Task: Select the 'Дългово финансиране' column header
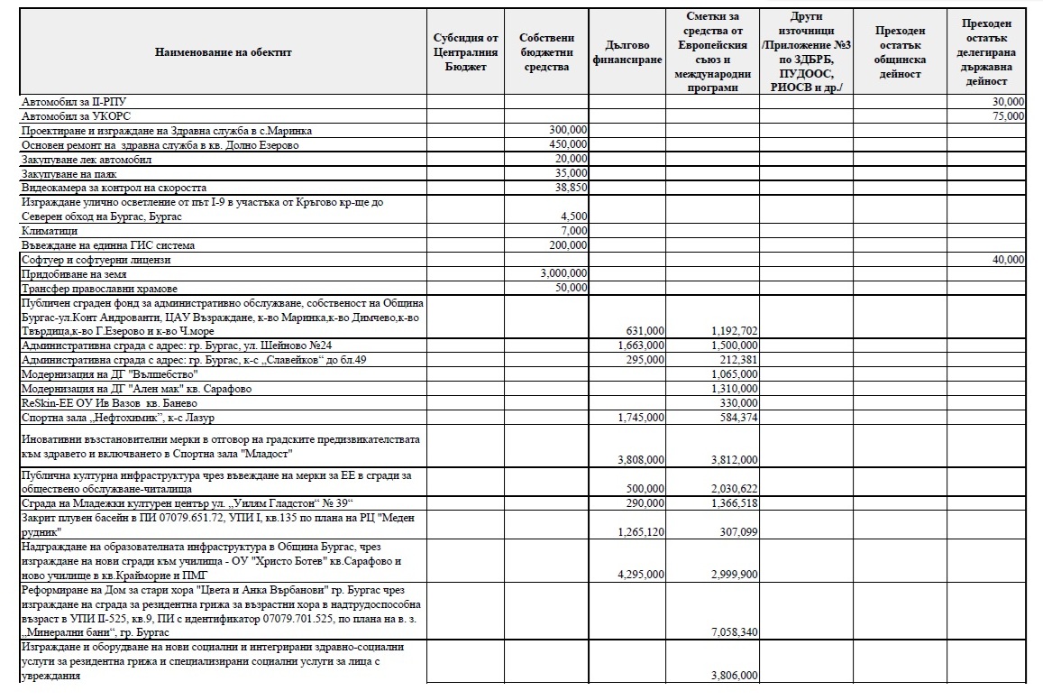point(627,52)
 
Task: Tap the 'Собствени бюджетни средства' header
point(547,52)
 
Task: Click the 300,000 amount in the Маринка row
point(569,130)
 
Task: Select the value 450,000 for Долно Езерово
point(569,144)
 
